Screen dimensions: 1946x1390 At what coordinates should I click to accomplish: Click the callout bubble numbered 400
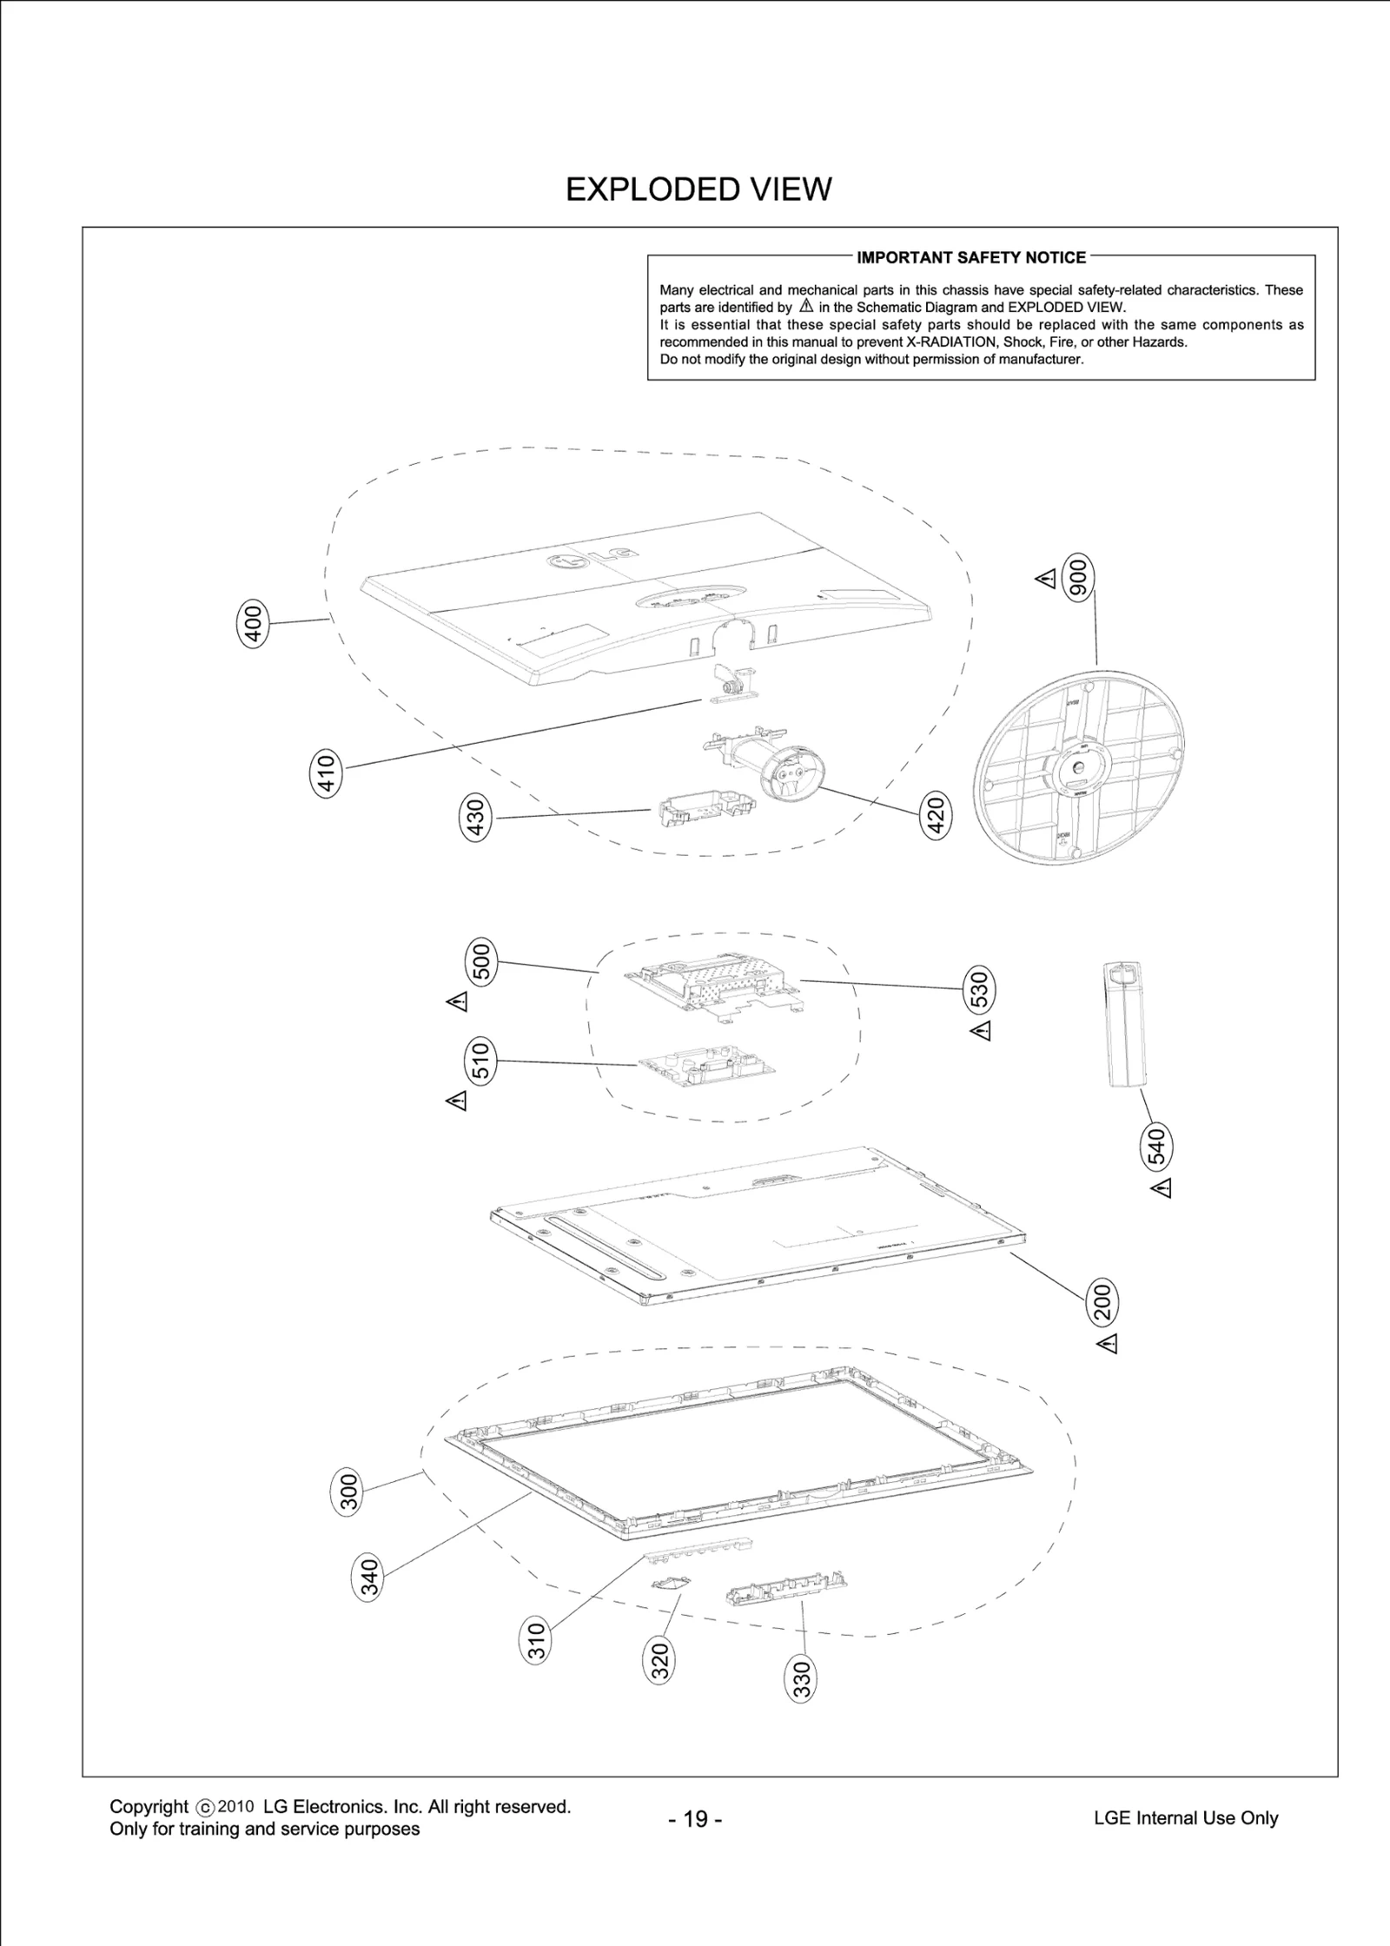pyautogui.click(x=253, y=623)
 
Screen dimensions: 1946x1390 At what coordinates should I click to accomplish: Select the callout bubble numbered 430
pyautogui.click(x=475, y=817)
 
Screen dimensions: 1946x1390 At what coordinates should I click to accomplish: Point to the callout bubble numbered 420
pyautogui.click(x=936, y=817)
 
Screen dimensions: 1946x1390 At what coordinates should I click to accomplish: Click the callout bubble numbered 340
pyautogui.click(x=369, y=1579)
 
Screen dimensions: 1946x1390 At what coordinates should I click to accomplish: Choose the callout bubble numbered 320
pyautogui.click(x=660, y=1660)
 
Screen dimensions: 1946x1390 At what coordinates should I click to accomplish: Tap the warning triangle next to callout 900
pyautogui.click(x=1047, y=579)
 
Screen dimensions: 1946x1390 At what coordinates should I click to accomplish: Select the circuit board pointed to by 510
pyautogui.click(x=705, y=1068)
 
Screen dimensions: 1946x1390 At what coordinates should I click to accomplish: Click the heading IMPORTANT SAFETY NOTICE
pyautogui.click(x=971, y=257)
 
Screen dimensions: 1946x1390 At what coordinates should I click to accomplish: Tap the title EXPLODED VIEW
pyautogui.click(x=698, y=189)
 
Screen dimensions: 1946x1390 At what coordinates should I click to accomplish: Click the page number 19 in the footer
pyautogui.click(x=695, y=1818)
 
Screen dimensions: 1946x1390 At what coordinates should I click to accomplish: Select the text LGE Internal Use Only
pyautogui.click(x=1186, y=1817)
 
